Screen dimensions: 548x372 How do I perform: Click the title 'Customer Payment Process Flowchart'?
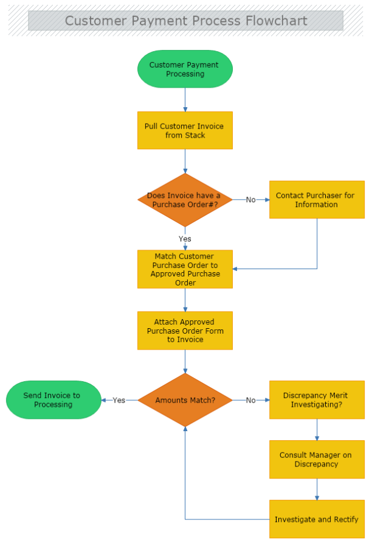[x=185, y=21]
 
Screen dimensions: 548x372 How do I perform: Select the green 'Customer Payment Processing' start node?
[x=185, y=69]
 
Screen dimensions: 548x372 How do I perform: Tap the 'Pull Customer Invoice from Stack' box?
[x=185, y=130]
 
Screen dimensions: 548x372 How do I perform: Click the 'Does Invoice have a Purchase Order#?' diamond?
[x=185, y=200]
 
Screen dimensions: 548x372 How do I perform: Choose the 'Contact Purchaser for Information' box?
[x=317, y=200]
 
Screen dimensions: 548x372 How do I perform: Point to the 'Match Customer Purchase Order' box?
[x=185, y=269]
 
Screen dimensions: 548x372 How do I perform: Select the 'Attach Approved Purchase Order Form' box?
[x=185, y=331]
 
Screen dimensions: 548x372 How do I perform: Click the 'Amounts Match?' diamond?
[x=185, y=400]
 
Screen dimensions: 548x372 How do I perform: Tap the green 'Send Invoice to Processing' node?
[x=53, y=400]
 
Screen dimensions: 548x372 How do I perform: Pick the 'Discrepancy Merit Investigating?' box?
[x=317, y=400]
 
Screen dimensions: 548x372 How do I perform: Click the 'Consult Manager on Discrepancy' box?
[x=317, y=460]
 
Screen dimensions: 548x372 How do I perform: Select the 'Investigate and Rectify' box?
[x=317, y=519]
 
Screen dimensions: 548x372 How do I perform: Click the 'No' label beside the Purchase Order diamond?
[x=250, y=200]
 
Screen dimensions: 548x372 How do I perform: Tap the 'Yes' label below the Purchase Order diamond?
[x=185, y=238]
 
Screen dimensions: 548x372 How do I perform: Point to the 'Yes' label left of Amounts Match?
[x=119, y=400]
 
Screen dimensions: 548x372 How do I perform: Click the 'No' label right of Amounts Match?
[x=250, y=400]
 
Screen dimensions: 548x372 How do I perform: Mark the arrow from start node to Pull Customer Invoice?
[x=185, y=100]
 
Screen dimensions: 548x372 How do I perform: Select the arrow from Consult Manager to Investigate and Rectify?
[x=317, y=490]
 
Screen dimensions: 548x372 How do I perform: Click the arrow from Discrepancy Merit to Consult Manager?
[x=317, y=430]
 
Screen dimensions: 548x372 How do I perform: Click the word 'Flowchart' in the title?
[x=277, y=21]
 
